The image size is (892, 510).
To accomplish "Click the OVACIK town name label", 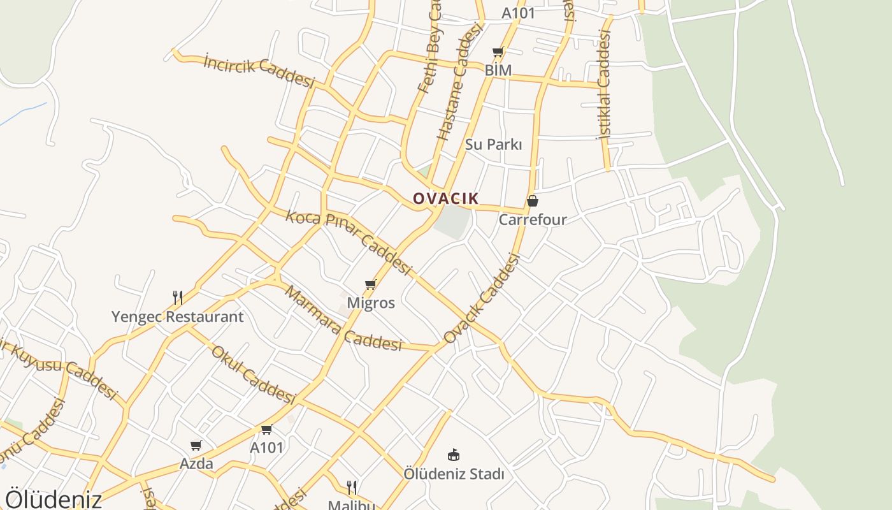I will point(445,198).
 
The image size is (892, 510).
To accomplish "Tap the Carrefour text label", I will point(533,220).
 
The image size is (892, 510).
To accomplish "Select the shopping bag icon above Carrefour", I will point(533,201).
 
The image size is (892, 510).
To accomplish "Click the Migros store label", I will point(371,303).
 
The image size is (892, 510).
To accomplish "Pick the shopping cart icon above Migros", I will point(371,284).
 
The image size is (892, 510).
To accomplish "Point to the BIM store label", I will point(498,70).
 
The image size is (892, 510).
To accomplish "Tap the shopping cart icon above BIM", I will point(498,52).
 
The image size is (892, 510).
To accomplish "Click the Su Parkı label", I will point(494,145).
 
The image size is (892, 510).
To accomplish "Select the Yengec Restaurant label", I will point(178,317).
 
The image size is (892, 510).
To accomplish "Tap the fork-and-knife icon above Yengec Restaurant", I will point(178,297).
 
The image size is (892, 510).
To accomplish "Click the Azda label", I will point(196,463).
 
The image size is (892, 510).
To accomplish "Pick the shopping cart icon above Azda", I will point(196,445).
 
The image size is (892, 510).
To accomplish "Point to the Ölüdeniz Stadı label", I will point(454,474).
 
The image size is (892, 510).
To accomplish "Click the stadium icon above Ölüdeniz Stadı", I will point(454,455).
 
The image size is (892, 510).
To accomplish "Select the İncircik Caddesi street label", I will point(259,70).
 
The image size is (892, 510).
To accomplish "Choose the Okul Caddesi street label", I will point(254,375).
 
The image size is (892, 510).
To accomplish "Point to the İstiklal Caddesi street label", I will point(604,84).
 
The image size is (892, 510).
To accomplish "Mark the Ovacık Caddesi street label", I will point(482,298).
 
